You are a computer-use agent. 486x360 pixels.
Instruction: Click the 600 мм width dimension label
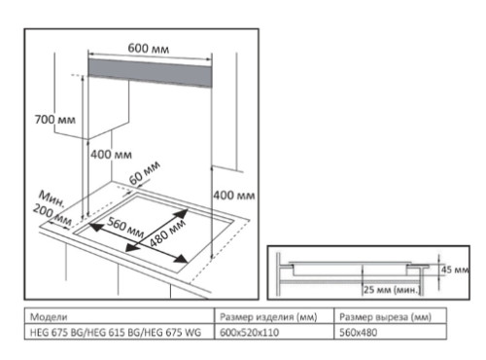(x=149, y=49)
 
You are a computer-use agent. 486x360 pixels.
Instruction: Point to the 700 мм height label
(x=55, y=120)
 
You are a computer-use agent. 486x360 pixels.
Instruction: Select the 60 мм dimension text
(x=145, y=173)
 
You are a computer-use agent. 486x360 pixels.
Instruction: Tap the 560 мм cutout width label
(x=125, y=227)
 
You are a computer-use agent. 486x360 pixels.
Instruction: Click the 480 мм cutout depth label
(x=167, y=233)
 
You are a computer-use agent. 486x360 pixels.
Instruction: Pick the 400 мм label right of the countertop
(x=234, y=196)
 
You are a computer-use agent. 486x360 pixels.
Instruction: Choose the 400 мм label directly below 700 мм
(x=111, y=155)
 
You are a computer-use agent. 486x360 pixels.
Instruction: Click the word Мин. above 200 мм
(x=52, y=199)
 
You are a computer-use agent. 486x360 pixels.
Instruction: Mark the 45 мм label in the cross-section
(x=455, y=270)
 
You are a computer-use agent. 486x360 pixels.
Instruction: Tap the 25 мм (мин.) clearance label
(x=392, y=289)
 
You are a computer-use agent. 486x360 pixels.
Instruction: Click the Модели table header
(x=49, y=316)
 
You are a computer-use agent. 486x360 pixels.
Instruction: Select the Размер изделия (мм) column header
(x=268, y=317)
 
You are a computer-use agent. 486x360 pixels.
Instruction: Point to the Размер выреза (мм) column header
(x=385, y=317)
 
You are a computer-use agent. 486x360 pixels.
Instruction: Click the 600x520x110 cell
(x=249, y=333)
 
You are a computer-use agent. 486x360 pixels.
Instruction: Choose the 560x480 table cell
(x=358, y=333)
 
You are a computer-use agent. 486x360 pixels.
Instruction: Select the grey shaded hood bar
(x=150, y=73)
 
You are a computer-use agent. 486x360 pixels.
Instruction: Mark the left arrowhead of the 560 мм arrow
(x=94, y=227)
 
